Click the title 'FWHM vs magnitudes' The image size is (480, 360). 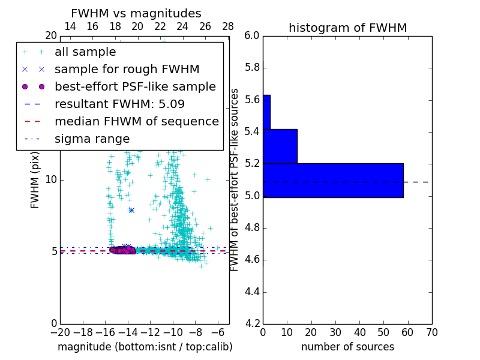click(x=136, y=14)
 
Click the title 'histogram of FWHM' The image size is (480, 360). click(x=347, y=28)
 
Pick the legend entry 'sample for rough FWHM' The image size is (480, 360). click(x=127, y=70)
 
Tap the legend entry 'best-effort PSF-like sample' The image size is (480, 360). click(x=135, y=87)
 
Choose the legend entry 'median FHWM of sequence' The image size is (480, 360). click(x=136, y=121)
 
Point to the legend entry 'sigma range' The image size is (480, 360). click(x=92, y=139)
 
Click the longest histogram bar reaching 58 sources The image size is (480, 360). click(x=333, y=180)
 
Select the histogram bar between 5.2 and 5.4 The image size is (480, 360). click(x=280, y=146)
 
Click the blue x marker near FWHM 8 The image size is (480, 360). click(x=131, y=210)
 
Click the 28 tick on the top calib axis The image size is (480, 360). click(x=228, y=27)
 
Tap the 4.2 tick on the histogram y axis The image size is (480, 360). click(x=252, y=323)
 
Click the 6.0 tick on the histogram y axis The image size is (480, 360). click(x=252, y=36)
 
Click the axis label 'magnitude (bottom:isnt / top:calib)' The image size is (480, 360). click(x=145, y=347)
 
